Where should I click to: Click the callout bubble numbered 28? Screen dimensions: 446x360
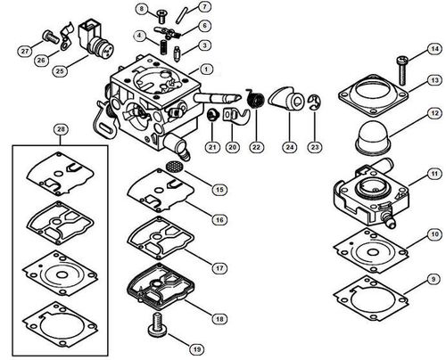[x=61, y=129]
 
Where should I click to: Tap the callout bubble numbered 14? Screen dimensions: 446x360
[x=435, y=49]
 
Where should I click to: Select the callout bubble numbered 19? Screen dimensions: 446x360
[x=197, y=349]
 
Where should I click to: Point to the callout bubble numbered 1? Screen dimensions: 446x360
[x=206, y=70]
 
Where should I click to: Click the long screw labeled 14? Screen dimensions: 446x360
[x=401, y=70]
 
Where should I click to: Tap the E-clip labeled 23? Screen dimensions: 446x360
[x=315, y=102]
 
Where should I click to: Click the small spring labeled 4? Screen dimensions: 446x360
[x=163, y=47]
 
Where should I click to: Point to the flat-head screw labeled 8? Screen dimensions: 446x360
[x=161, y=16]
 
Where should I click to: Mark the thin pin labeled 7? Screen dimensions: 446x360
[x=181, y=15]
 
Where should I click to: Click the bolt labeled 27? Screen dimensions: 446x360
[x=52, y=37]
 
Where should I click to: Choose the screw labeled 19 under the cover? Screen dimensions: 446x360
[x=157, y=324]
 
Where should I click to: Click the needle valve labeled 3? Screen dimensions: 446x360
[x=178, y=54]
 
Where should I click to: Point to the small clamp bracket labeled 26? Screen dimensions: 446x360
[x=67, y=37]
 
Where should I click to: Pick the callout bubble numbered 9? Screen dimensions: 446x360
[x=434, y=279]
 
